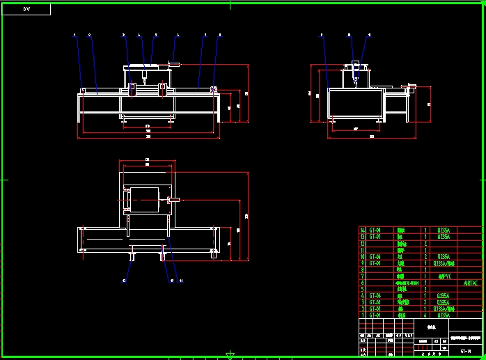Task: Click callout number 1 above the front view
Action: click(75, 34)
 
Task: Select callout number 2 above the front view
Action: click(89, 34)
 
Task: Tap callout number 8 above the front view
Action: click(220, 34)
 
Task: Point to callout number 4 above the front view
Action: click(139, 34)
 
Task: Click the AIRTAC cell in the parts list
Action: click(471, 283)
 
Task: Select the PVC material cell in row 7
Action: click(443, 276)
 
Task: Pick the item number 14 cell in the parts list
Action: click(362, 230)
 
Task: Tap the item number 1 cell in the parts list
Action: click(362, 315)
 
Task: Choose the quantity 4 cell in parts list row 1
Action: click(425, 315)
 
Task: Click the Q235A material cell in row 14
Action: click(443, 230)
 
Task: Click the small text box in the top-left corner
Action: click(27, 9)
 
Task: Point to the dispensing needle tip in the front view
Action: click(143, 83)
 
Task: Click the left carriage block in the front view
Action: click(132, 88)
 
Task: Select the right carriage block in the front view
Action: click(162, 88)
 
